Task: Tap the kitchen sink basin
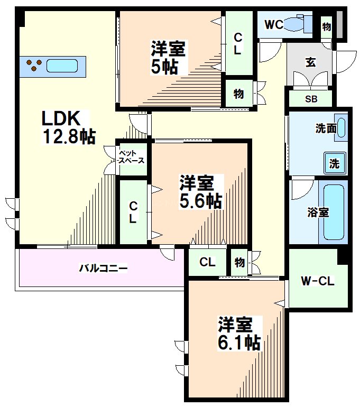pos(62,66)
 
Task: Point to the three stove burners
pos(35,65)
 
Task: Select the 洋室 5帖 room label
pos(168,58)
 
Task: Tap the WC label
pos(274,24)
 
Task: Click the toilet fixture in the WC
pos(299,24)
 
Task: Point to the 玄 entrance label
pos(310,61)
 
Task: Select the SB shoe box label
pos(310,99)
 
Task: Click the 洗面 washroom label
pos(326,128)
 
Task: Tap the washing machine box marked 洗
pos(335,163)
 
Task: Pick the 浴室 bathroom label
pos(319,212)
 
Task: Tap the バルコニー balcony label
pos(103,269)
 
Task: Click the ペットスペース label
pos(132,157)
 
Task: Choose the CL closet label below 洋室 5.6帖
pos(208,262)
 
